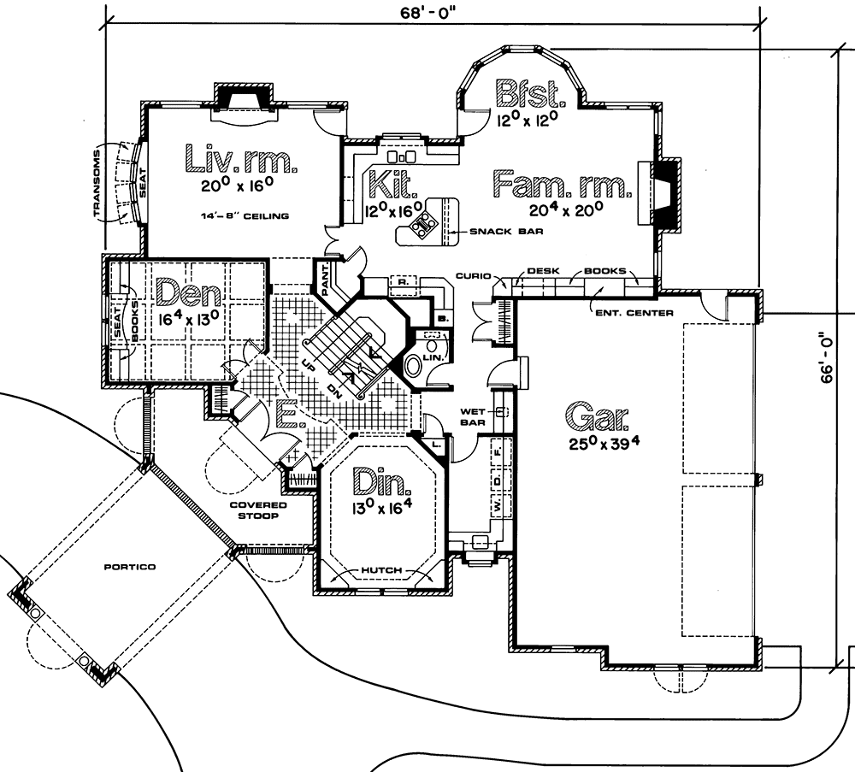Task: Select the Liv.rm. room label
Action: (x=240, y=160)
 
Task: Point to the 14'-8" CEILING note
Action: (x=242, y=216)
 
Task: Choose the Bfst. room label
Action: (x=528, y=91)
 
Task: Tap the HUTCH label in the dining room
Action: (x=381, y=570)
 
